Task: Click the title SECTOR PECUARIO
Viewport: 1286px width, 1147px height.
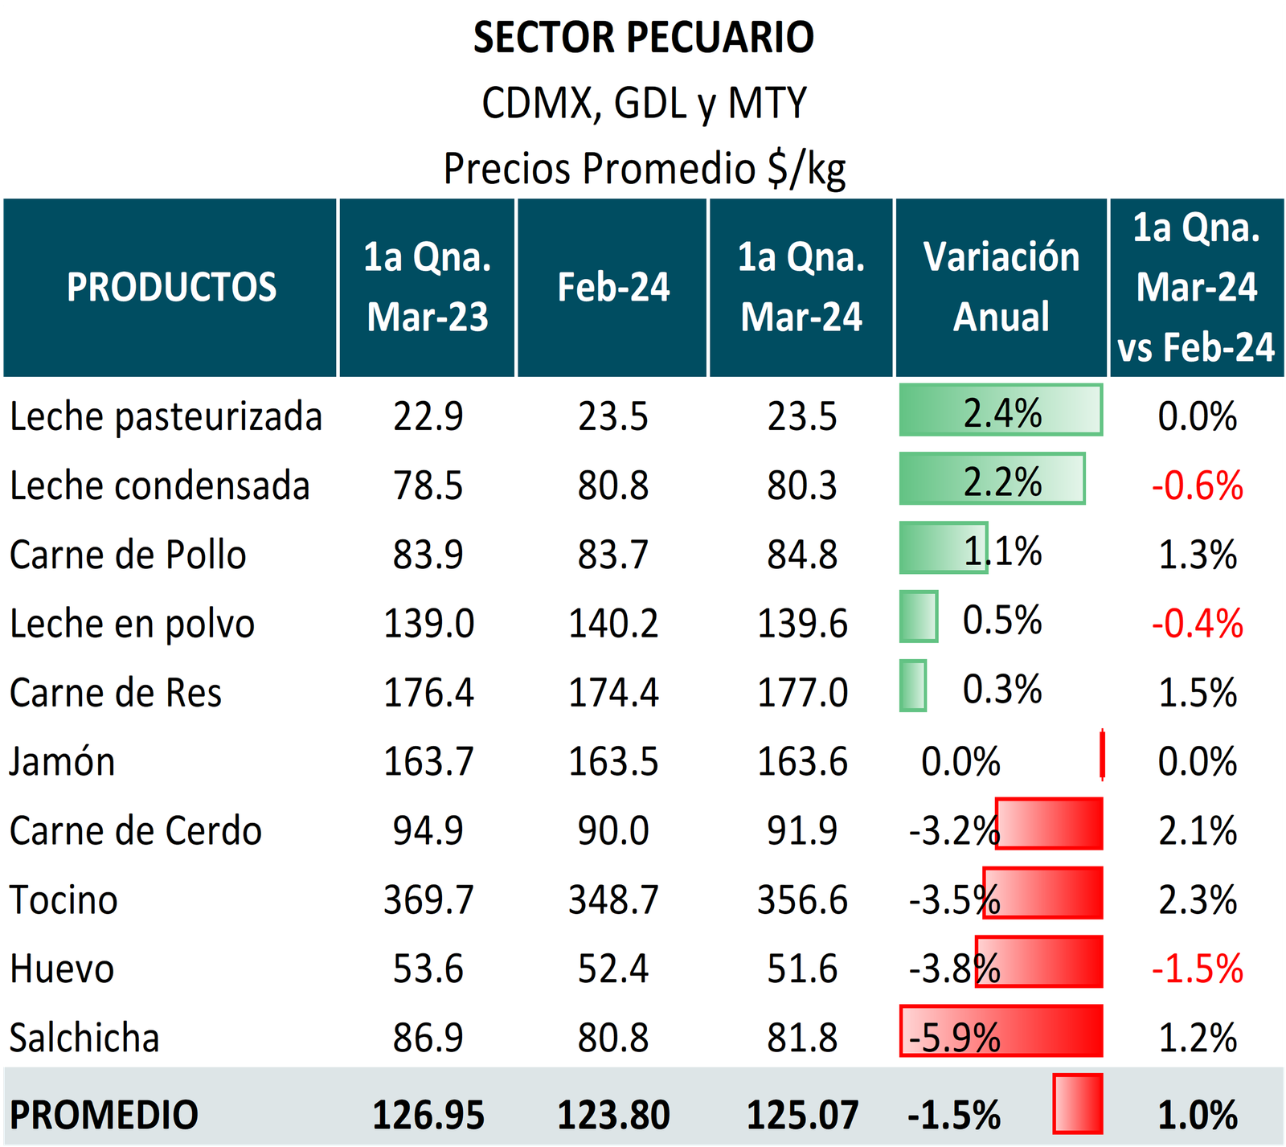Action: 643,38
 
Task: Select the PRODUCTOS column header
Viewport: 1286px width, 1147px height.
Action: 171,287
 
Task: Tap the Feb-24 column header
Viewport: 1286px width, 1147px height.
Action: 613,287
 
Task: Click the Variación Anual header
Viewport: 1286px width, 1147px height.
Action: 1001,287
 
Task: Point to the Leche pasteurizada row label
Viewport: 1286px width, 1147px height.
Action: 166,417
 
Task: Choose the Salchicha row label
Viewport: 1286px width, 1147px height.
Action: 84,1038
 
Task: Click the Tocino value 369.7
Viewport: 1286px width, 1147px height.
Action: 428,899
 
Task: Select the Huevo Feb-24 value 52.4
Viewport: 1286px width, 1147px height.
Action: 613,969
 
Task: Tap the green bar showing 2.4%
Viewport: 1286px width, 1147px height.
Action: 1001,411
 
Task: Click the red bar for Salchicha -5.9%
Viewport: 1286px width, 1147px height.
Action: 1001,1031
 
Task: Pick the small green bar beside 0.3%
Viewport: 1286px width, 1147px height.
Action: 912,686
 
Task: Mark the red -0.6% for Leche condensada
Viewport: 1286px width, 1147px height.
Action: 1197,486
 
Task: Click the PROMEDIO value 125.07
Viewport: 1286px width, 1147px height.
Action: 802,1115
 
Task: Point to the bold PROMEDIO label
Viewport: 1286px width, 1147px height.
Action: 104,1115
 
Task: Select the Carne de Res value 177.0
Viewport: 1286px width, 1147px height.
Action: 802,693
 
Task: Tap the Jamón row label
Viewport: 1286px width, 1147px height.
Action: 63,762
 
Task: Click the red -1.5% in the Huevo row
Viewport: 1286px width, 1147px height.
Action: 1197,969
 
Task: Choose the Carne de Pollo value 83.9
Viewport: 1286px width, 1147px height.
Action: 428,555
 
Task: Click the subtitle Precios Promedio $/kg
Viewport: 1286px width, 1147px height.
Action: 645,169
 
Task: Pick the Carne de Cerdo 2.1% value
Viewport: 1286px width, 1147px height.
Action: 1197,830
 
